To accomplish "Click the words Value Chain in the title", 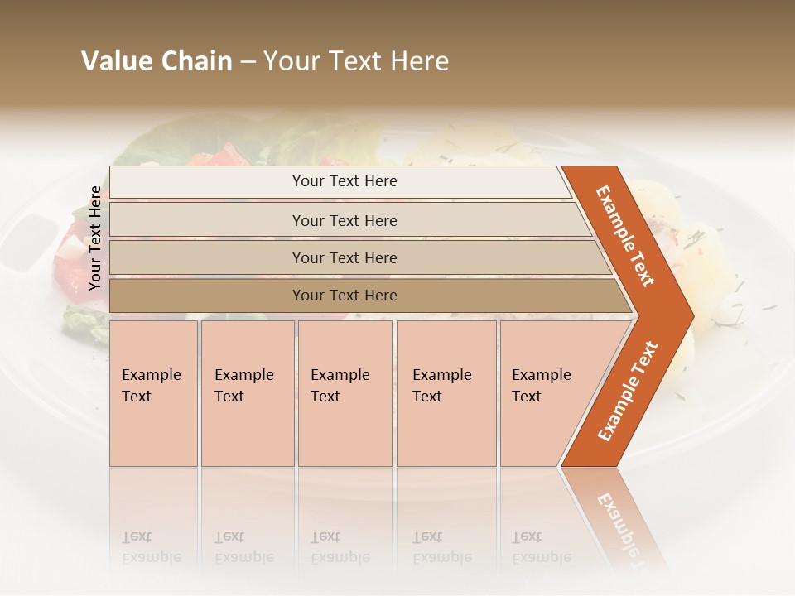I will [x=157, y=61].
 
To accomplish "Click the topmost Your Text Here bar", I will [x=344, y=181].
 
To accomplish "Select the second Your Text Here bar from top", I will [x=344, y=221].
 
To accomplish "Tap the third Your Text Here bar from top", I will [x=344, y=258].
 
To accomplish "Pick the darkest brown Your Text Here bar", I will [x=344, y=296].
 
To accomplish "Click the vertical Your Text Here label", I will [x=95, y=238].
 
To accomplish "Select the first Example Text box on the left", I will [x=153, y=392].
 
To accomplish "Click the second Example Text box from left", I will [x=247, y=392].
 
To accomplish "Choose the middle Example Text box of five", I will [x=344, y=392].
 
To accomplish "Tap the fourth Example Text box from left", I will [x=446, y=392].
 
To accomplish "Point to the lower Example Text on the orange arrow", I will [x=628, y=391].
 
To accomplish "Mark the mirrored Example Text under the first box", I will [x=151, y=548].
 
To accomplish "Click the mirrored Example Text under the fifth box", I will [x=541, y=548].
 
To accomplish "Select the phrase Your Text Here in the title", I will [x=356, y=61].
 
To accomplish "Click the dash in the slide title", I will [x=248, y=62].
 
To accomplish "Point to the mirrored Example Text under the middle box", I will [x=340, y=548].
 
